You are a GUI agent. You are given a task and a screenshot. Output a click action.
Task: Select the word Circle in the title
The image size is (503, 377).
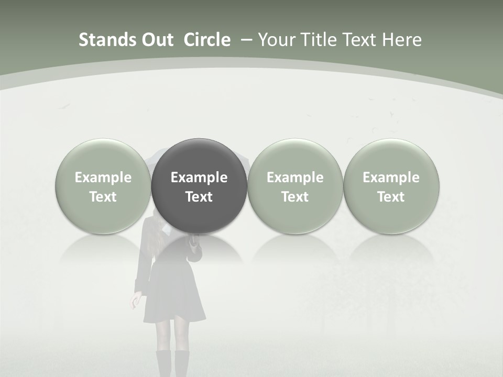tap(207, 40)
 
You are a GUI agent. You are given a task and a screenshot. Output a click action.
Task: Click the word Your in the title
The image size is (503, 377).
tap(276, 40)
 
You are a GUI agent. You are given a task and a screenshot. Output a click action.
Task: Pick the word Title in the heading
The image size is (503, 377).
tap(319, 40)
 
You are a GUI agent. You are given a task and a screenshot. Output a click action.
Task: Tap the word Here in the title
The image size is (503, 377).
tap(402, 40)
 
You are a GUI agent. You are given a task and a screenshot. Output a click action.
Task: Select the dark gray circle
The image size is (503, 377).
tap(199, 186)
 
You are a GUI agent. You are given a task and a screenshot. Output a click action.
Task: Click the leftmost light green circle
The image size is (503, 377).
tap(103, 186)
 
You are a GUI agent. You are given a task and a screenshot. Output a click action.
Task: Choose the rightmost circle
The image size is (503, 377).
tap(391, 186)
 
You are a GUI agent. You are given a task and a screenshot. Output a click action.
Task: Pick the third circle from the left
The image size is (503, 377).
tap(295, 186)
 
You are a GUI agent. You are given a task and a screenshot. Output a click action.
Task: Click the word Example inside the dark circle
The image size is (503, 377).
tap(199, 178)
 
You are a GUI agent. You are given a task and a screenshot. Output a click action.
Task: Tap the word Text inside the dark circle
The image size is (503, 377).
tap(199, 197)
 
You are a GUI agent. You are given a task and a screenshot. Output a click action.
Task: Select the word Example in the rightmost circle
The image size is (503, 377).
tap(391, 178)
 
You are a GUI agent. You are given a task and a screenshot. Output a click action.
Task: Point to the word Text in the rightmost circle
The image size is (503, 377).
tap(391, 197)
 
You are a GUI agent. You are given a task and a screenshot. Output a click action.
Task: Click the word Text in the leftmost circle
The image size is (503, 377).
tap(103, 197)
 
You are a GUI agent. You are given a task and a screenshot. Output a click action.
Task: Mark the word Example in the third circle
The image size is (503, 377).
tap(295, 178)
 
